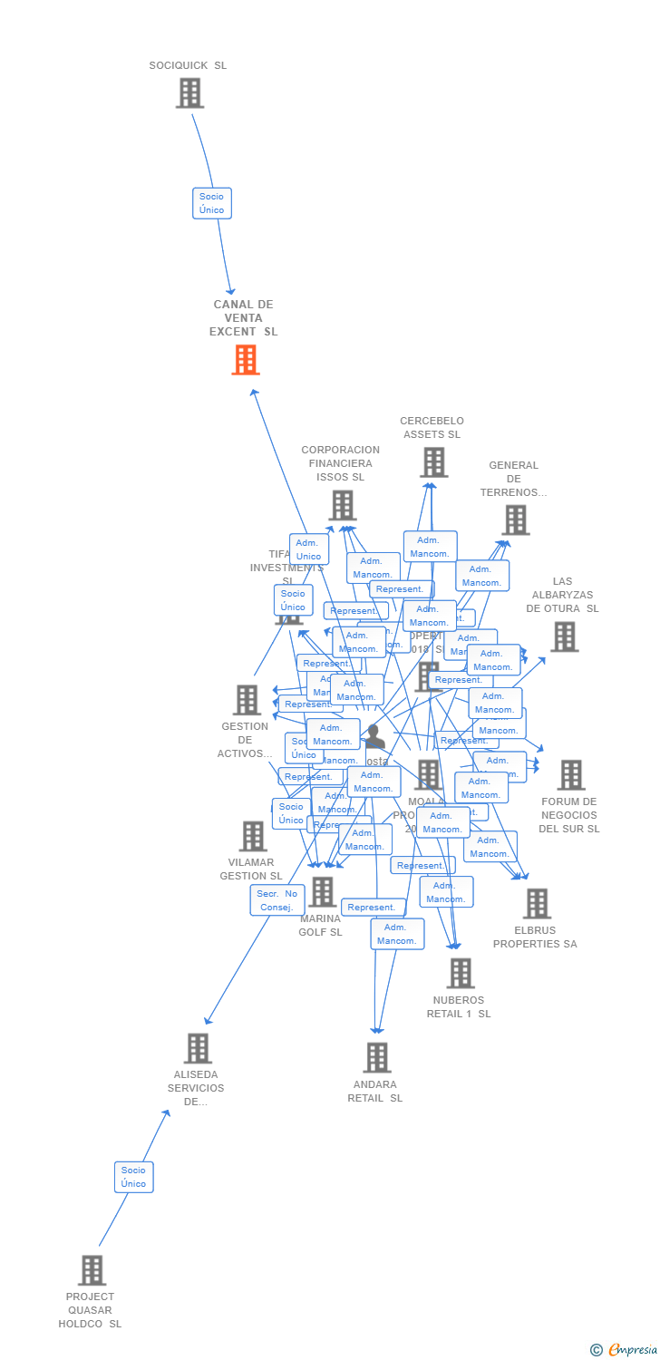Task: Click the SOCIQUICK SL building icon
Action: click(189, 92)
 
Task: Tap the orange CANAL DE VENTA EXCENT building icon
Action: click(246, 360)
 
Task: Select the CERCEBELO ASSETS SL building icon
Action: click(433, 462)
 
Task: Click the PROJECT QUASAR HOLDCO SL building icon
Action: click(92, 1270)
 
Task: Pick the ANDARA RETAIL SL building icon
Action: click(377, 1057)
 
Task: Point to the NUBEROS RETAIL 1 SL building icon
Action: click(461, 973)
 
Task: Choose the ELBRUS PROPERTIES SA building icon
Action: click(537, 903)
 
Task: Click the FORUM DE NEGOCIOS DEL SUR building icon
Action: click(571, 775)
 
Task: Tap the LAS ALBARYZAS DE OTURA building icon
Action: click(564, 636)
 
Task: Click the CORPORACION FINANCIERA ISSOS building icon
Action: click(342, 505)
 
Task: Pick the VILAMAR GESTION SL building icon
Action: click(253, 836)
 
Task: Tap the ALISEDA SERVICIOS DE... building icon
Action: click(198, 1048)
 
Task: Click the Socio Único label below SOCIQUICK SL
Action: click(211, 203)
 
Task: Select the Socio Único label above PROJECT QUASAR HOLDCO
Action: click(133, 1177)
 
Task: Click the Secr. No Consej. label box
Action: click(277, 900)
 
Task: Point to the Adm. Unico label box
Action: click(308, 549)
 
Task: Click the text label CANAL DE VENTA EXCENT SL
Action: click(244, 317)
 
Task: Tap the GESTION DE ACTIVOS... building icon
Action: click(247, 700)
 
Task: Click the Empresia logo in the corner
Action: click(625, 1350)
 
